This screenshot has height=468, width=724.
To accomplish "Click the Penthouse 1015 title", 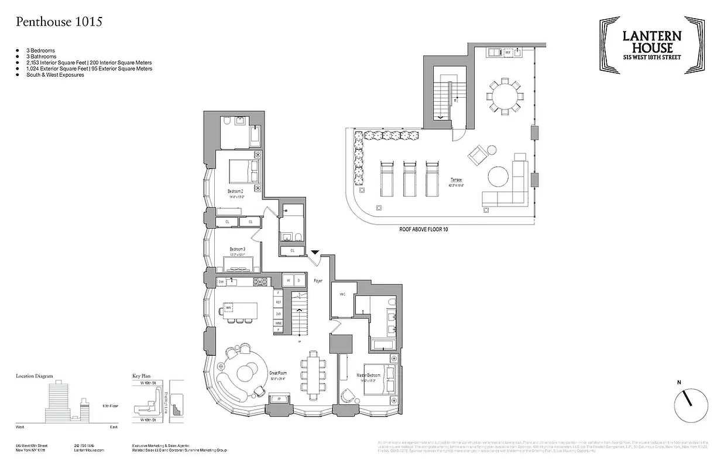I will [x=59, y=22].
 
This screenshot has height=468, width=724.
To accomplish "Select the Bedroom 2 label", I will [x=236, y=191].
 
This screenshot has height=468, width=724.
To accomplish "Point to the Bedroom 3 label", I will [x=236, y=249].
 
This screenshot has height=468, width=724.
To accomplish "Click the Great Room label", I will [x=277, y=372].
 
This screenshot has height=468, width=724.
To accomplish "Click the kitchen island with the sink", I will [x=239, y=308].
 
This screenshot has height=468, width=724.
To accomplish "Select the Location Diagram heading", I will [x=35, y=376].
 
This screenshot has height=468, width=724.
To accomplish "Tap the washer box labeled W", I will [x=288, y=281].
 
